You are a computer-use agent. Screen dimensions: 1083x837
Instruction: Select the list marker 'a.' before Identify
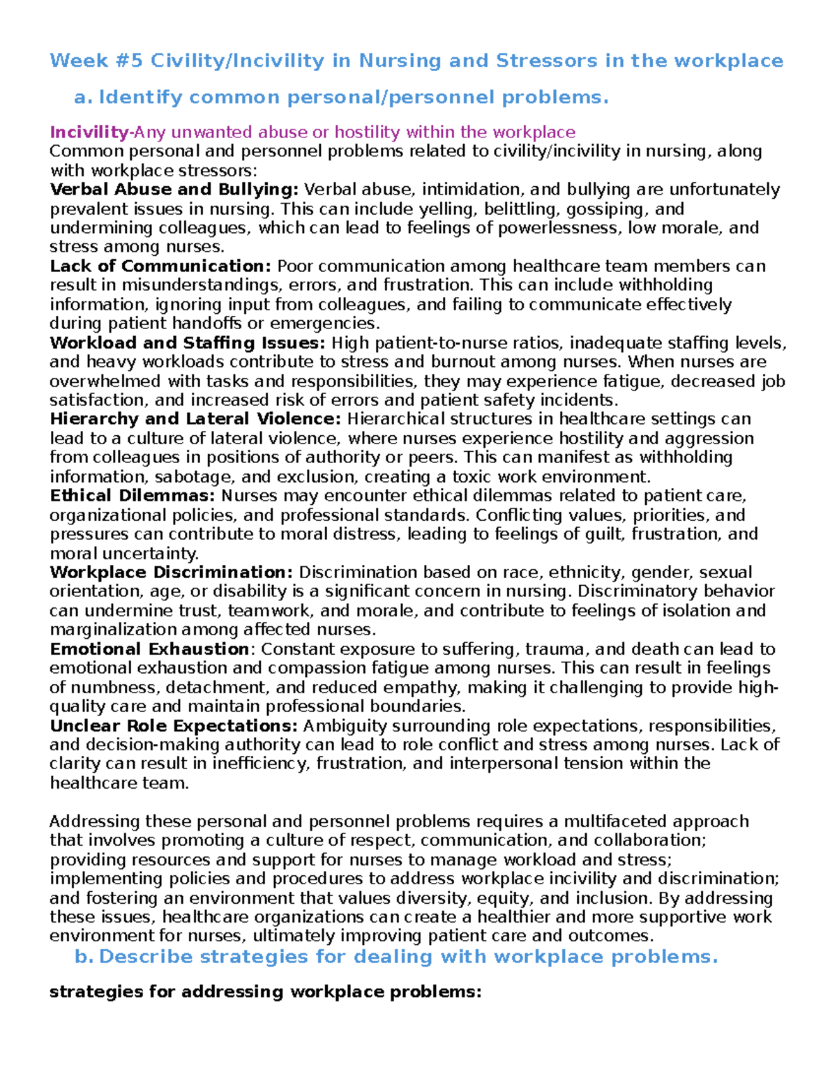[83, 98]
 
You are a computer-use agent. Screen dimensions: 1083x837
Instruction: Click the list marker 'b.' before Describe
[84, 957]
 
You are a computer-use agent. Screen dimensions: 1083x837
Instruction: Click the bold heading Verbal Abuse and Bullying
[174, 190]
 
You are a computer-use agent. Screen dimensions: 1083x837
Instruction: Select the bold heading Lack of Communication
[160, 266]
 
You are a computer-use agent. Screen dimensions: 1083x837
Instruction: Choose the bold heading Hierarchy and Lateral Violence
[195, 419]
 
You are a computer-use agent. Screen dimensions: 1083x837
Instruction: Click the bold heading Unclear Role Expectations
[174, 726]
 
